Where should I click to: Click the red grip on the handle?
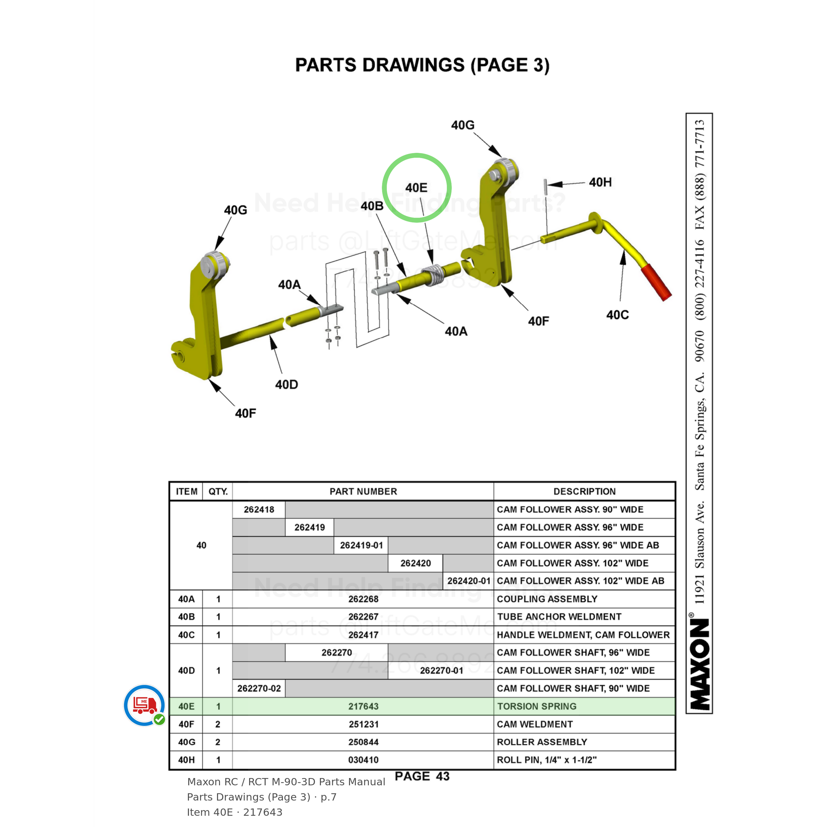pos(655,282)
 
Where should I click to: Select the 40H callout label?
pos(600,182)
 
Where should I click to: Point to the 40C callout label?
pos(617,315)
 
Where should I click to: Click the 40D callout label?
pos(286,384)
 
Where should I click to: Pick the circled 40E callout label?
pos(416,188)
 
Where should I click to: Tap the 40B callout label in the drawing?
pos(371,206)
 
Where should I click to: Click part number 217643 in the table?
pos(363,706)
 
